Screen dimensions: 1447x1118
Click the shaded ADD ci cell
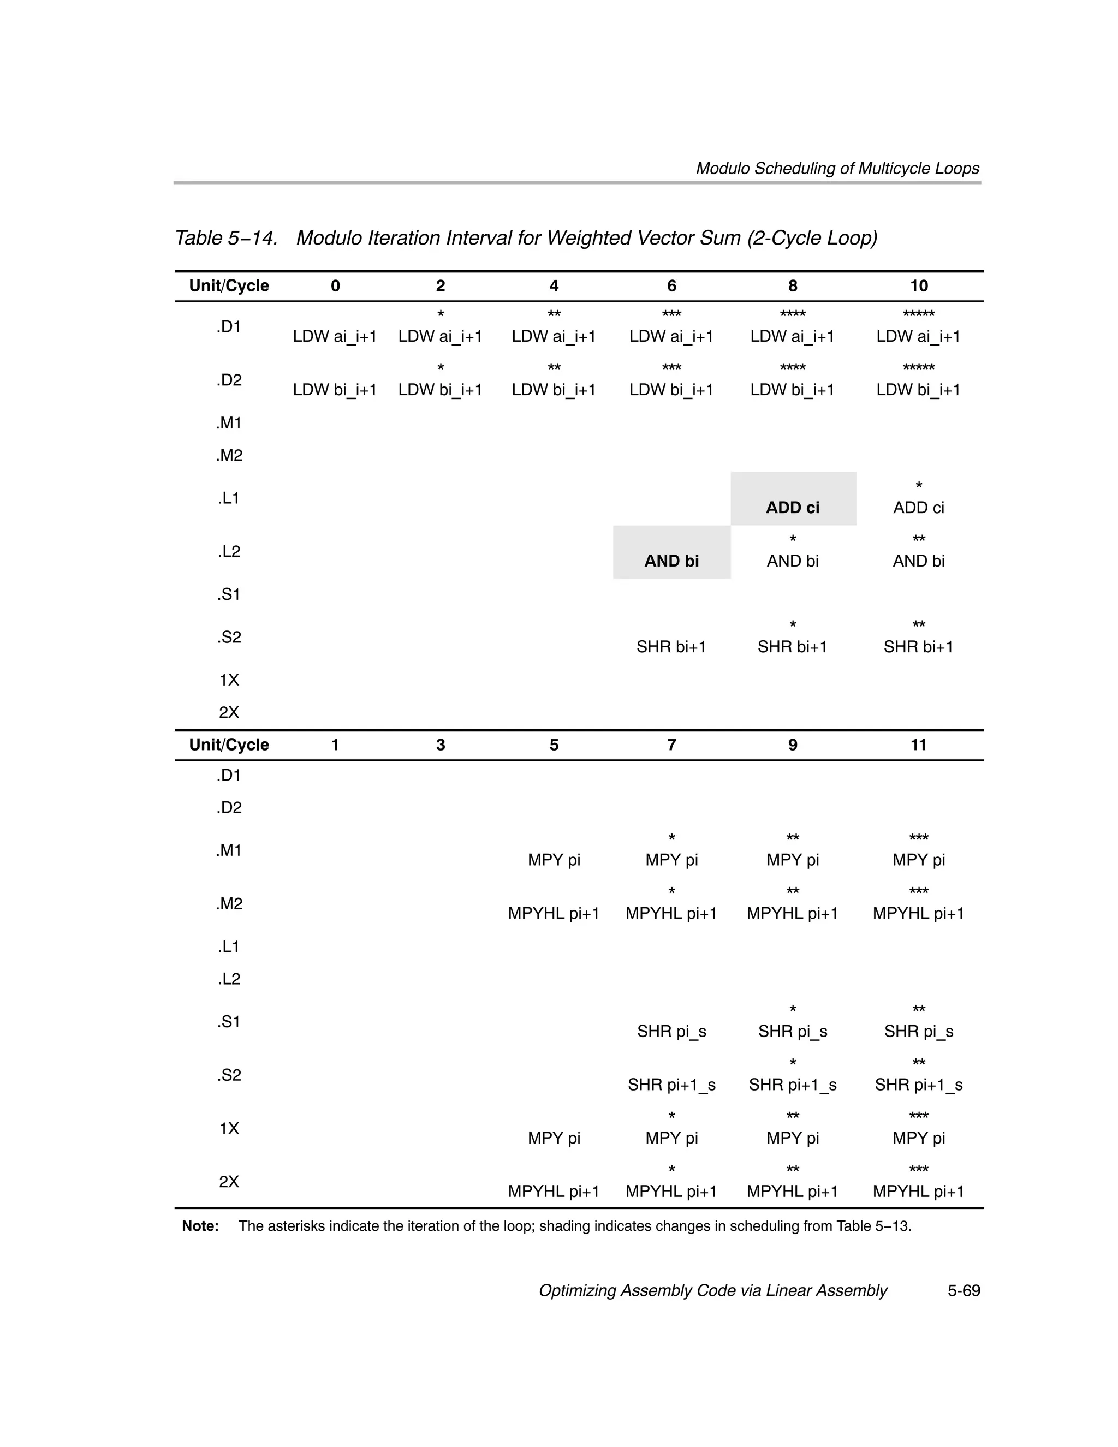tap(793, 508)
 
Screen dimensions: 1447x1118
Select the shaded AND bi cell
tap(671, 561)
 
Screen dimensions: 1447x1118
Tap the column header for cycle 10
tap(919, 285)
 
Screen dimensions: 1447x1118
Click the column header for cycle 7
tap(671, 745)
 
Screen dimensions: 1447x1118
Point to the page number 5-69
tap(964, 1291)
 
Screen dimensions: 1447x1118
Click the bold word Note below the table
tap(200, 1226)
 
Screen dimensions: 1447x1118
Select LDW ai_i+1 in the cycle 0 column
tap(335, 337)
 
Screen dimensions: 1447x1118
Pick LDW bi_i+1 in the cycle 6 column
tap(671, 390)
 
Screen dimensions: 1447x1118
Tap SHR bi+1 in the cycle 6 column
tap(671, 647)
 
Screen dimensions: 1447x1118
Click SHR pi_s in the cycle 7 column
tap(671, 1032)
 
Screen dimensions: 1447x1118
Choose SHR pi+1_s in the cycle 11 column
tap(919, 1085)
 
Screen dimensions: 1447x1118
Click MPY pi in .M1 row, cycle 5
tap(554, 860)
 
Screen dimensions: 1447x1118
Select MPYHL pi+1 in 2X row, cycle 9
tap(793, 1191)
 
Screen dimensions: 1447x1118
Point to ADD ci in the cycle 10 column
tap(919, 508)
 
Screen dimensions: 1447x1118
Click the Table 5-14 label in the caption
tap(226, 238)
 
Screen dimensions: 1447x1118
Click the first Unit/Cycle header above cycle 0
tap(229, 285)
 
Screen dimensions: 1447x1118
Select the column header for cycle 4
tap(554, 285)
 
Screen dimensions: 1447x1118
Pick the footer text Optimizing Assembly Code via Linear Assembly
tap(712, 1291)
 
